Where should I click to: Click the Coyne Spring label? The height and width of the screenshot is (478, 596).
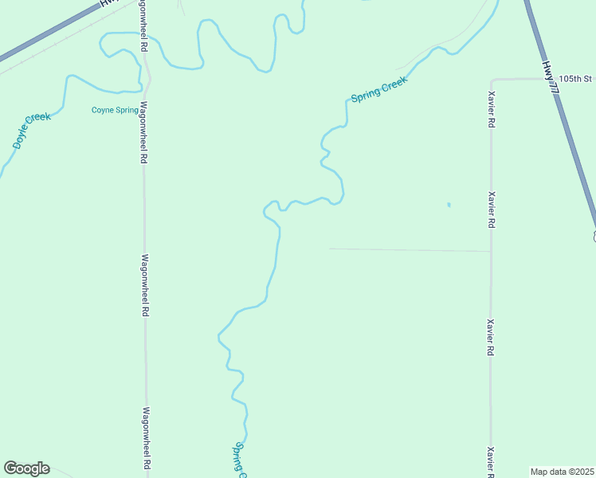point(115,110)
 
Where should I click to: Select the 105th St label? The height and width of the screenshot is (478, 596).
point(576,79)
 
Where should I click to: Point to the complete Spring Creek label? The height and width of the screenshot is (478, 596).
point(379,89)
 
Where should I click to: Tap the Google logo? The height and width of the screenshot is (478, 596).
point(26,468)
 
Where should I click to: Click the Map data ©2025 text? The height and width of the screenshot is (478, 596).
point(562,472)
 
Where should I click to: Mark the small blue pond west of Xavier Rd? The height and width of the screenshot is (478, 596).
point(449,205)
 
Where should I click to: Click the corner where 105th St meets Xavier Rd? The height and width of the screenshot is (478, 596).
point(492,80)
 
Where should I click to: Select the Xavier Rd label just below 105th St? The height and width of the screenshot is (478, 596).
point(492,111)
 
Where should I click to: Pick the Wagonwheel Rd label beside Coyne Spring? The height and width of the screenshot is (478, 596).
point(144,131)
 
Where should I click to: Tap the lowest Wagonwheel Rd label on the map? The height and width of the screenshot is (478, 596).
point(147,438)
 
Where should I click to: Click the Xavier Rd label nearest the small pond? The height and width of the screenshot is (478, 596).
point(492,210)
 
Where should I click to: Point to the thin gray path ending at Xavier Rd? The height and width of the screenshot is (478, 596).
point(410,250)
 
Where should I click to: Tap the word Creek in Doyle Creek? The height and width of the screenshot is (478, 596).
point(37,122)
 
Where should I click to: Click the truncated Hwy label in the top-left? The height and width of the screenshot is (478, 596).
point(104,3)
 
